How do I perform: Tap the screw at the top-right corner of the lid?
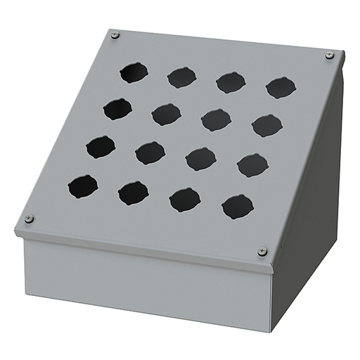pos(329,56)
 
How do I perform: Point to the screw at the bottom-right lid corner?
pos(262,251)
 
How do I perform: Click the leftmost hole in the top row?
pos(134,72)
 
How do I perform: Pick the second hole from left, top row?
pos(182,77)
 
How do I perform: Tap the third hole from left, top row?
pos(231,82)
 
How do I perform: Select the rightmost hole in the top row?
pos(281,88)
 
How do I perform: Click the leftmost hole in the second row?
pos(117,108)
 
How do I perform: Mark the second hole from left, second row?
pos(166,114)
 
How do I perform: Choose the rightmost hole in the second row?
pos(266,126)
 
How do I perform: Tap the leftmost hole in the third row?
pos(101,146)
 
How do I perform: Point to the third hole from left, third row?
pos(201,159)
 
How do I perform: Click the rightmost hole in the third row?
pos(252,165)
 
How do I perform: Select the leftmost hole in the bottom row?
pos(83,186)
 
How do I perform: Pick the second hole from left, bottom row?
pos(134,193)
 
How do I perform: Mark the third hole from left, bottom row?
pos(185,200)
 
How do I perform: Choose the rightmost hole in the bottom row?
pos(238,207)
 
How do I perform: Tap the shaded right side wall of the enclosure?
pos(309,211)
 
